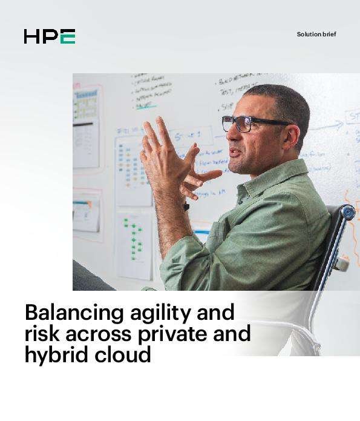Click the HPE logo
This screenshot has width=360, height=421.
50,36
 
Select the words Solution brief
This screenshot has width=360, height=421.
316,35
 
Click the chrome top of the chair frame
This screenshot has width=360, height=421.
347,213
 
